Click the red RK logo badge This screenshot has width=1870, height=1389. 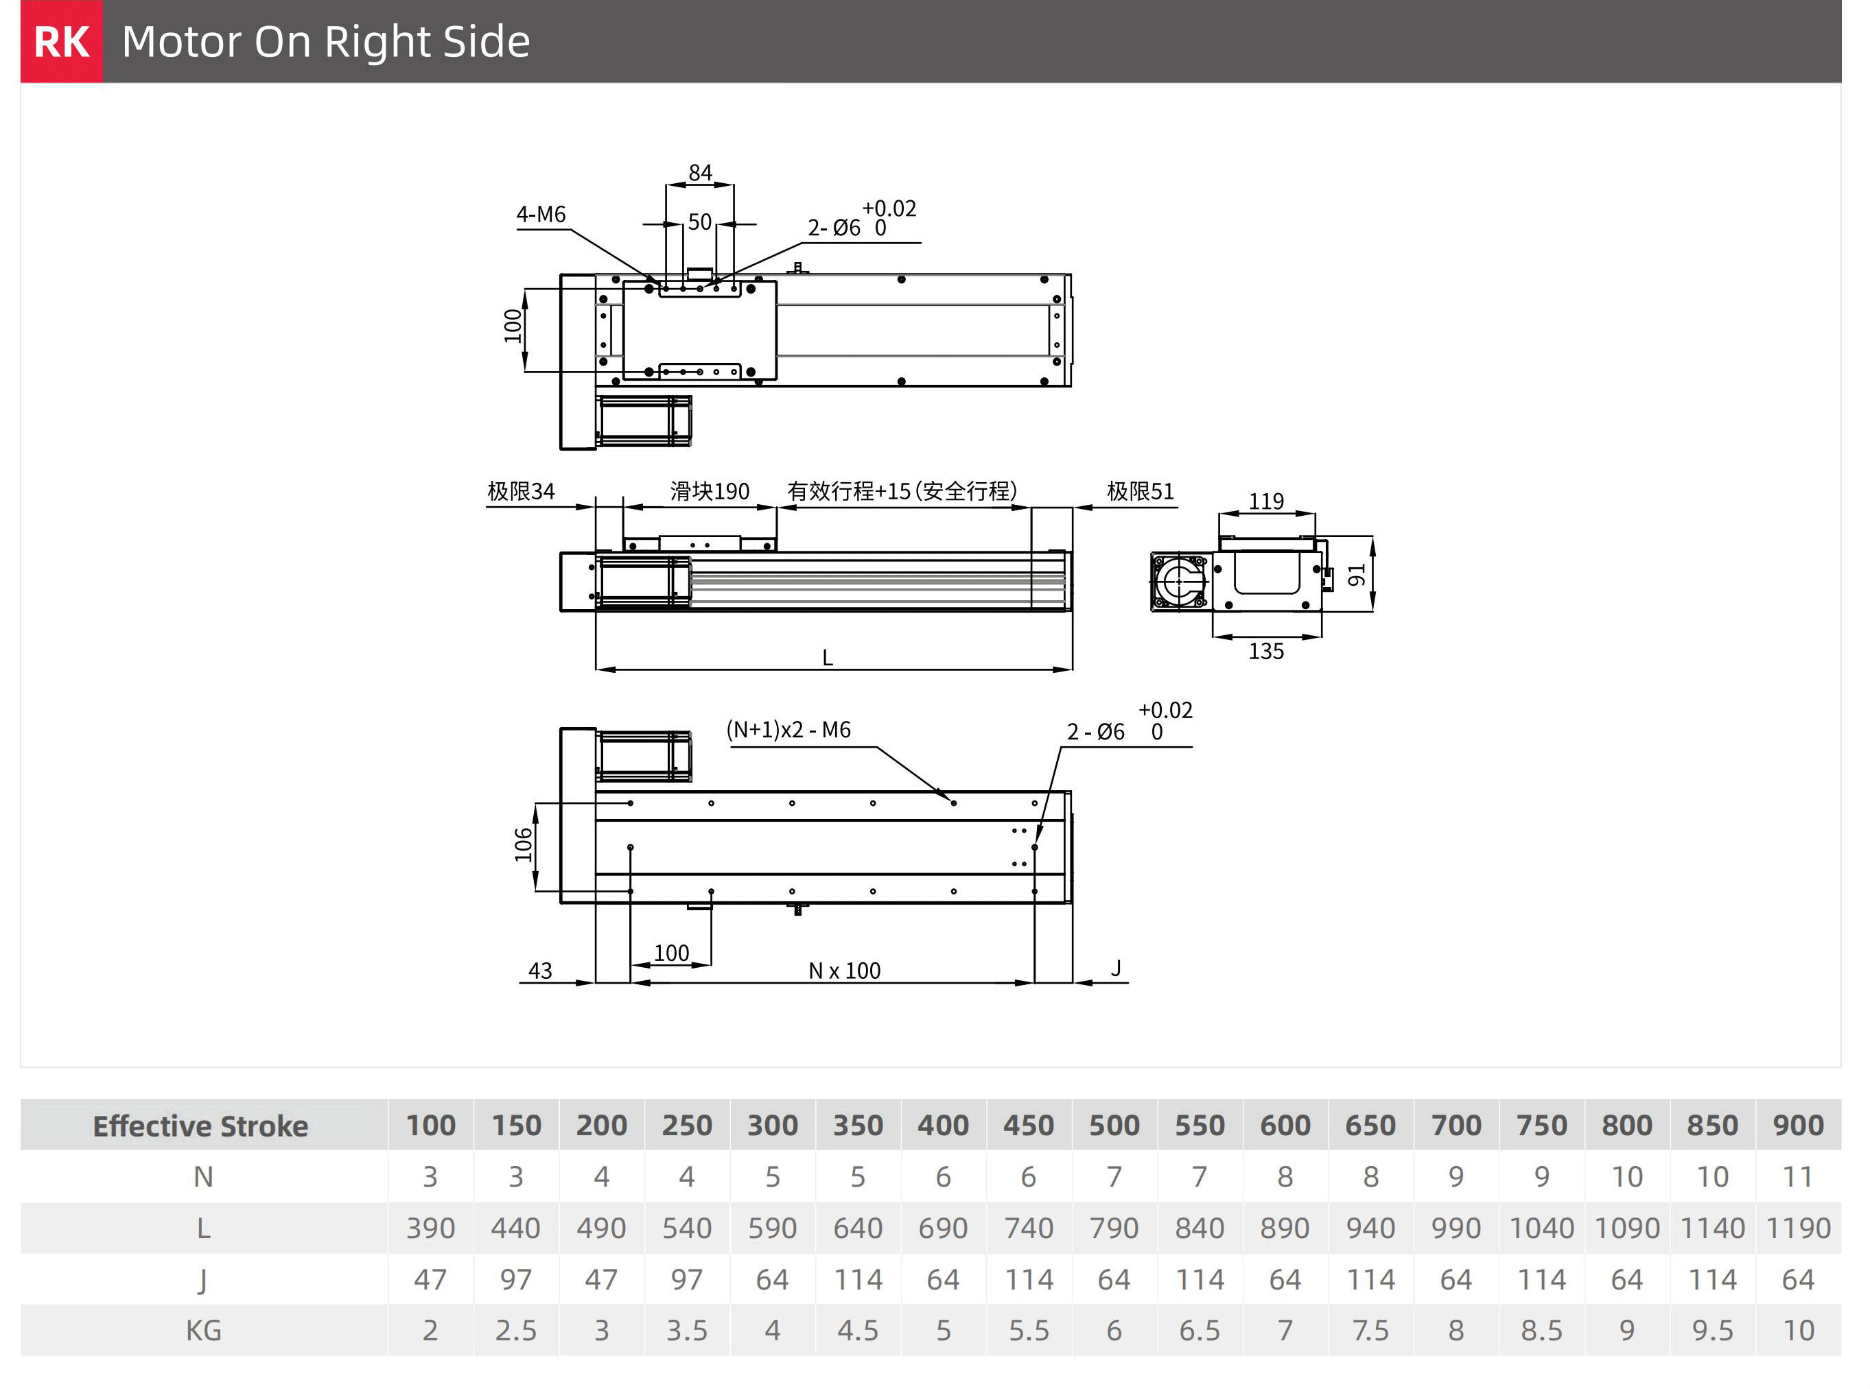coord(61,41)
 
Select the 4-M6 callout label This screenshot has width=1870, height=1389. coord(541,215)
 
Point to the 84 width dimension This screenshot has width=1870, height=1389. coord(700,172)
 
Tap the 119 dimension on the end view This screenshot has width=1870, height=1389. coord(1266,501)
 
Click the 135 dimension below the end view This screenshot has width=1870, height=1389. coord(1266,651)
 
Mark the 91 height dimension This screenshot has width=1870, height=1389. coord(1356,575)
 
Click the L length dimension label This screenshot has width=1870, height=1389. coord(828,658)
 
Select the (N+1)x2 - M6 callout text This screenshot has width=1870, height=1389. coord(788,730)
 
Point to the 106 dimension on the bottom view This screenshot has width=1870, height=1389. coord(523,845)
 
